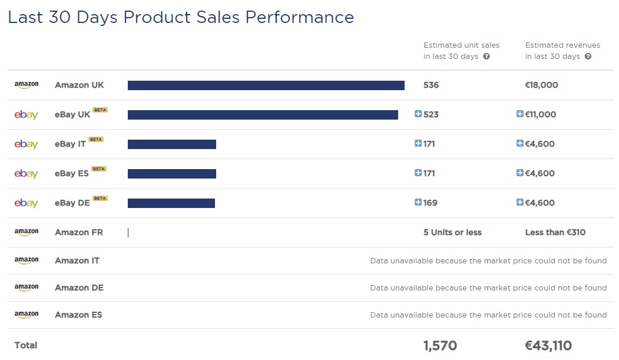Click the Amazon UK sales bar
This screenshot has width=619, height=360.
[x=266, y=85]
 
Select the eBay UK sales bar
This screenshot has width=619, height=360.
[x=263, y=115]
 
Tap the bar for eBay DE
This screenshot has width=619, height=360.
[x=171, y=203]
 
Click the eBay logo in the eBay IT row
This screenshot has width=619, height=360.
[x=27, y=144]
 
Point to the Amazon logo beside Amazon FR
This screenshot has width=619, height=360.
[x=27, y=232]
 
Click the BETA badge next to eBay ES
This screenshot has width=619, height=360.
[x=99, y=169]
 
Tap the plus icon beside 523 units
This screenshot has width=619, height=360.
[x=418, y=114]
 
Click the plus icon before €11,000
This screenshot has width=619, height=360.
[x=520, y=114]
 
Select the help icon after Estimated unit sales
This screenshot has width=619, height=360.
[x=486, y=57]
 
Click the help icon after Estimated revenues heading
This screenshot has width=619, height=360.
[x=588, y=57]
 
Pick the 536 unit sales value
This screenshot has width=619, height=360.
[x=431, y=85]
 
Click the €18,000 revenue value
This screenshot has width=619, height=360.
[x=541, y=85]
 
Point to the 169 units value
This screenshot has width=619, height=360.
[x=431, y=203]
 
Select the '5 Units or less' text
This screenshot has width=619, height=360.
[x=452, y=232]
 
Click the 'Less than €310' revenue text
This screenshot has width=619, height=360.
[x=555, y=232]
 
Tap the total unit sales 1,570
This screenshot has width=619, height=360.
[x=440, y=346]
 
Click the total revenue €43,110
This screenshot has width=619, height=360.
[x=548, y=346]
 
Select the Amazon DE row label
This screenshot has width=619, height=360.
[x=79, y=288]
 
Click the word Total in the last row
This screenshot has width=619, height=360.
[x=26, y=345]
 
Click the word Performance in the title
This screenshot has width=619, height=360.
[x=299, y=17]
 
